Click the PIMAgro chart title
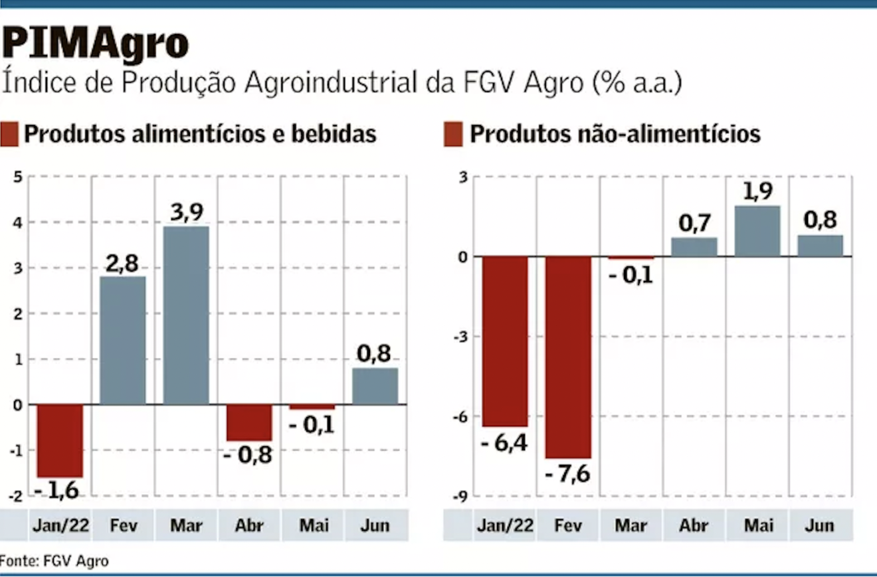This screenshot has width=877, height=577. [x=95, y=44]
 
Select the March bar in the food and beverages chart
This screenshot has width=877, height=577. [x=186, y=315]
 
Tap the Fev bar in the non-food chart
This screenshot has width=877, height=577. [x=568, y=357]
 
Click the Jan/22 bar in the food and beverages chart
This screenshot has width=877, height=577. [x=60, y=440]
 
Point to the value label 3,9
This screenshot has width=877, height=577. [x=186, y=212]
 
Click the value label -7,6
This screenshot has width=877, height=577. [x=567, y=475]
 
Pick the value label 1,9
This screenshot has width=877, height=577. [x=757, y=191]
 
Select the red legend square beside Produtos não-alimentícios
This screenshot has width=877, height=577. [x=453, y=134]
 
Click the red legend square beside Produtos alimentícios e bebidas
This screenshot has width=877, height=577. [x=9, y=134]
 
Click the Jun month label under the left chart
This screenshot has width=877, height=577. [x=375, y=526]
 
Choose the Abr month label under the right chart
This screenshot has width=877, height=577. [x=694, y=526]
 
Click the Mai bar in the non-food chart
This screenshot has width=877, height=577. [x=757, y=231]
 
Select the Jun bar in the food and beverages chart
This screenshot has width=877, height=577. [x=375, y=386]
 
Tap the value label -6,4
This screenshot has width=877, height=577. [x=505, y=442]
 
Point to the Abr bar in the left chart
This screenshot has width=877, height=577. [x=249, y=422]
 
